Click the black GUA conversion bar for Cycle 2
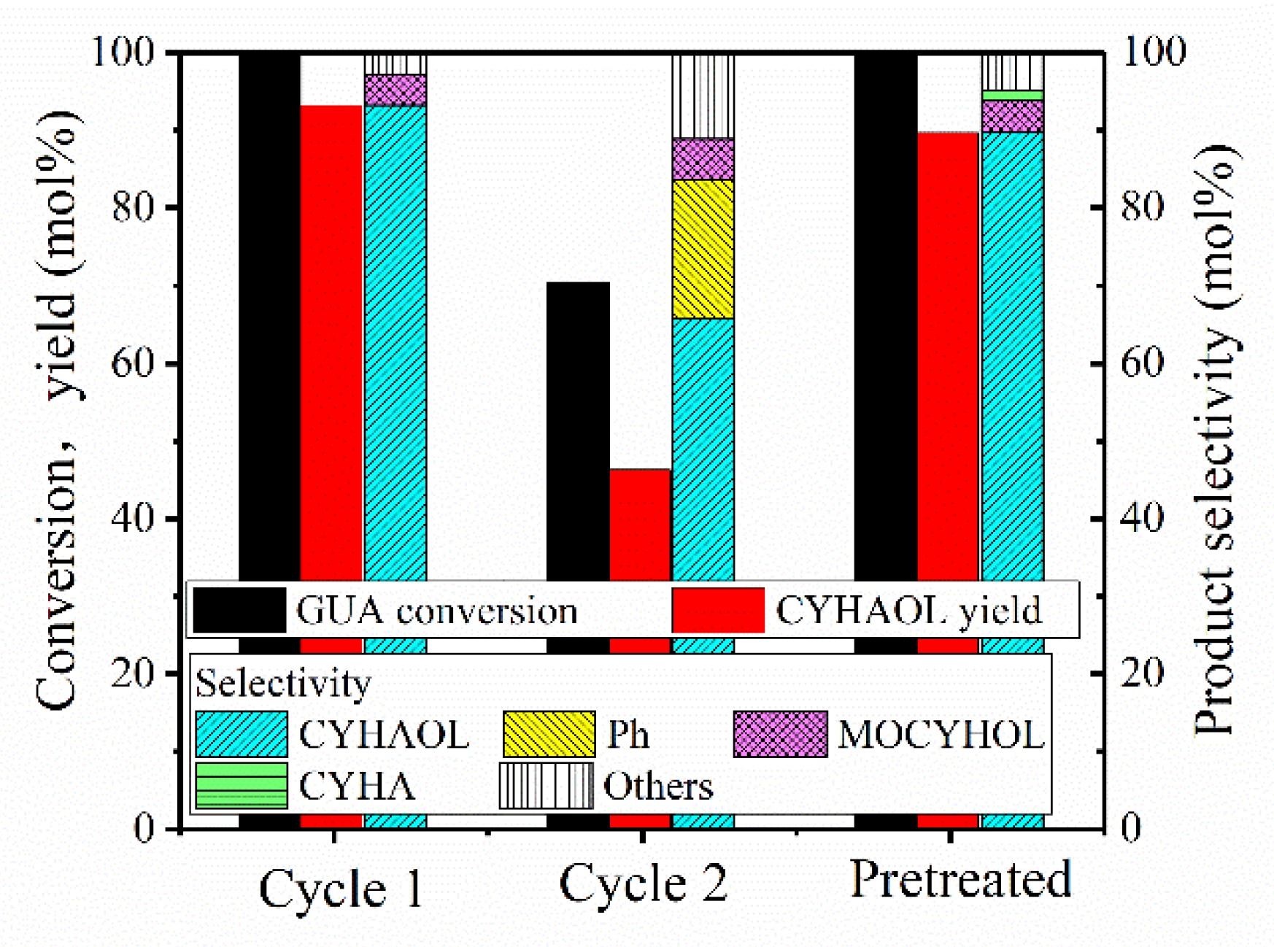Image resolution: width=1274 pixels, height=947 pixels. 578,430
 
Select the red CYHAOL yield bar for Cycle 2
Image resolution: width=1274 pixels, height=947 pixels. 640,525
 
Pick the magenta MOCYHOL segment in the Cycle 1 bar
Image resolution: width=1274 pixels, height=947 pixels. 395,90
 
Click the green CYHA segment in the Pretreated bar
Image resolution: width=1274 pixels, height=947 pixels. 1012,96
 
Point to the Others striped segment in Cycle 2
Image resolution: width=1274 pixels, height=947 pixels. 703,96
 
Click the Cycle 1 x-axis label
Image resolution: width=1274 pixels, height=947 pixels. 341,889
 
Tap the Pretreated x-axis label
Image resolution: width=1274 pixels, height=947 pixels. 960,879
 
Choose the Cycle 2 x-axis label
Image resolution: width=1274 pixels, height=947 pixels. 643,883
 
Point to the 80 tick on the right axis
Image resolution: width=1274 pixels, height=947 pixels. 1143,207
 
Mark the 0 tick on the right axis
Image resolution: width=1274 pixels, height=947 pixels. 1130,828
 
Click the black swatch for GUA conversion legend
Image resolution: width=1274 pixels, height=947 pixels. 240,610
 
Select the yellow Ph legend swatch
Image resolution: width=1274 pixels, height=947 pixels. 549,734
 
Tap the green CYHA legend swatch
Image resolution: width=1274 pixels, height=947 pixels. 242,786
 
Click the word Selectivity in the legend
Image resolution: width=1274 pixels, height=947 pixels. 283,684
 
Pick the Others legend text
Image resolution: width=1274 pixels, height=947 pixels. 658,786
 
